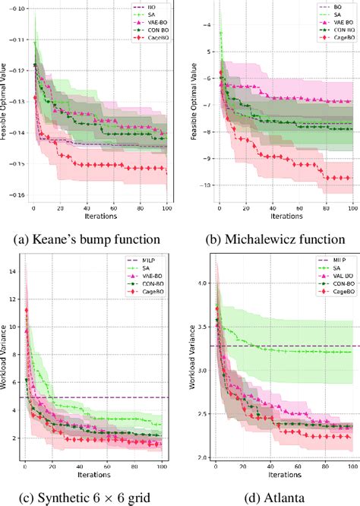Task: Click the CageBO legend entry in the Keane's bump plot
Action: tap(149, 36)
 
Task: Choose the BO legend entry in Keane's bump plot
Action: tap(149, 5)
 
